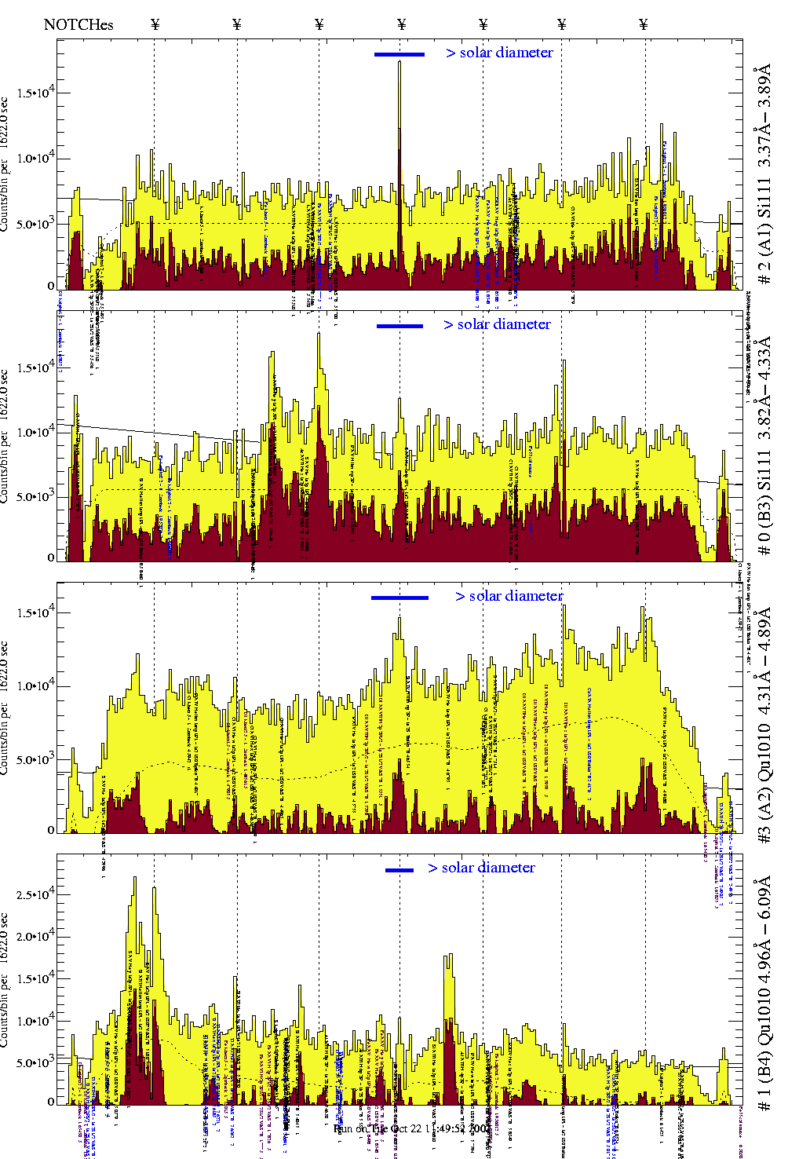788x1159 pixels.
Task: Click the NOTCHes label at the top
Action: coord(78,24)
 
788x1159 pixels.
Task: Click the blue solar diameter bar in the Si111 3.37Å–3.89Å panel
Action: coord(399,54)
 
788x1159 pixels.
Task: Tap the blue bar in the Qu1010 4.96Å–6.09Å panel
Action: coord(399,870)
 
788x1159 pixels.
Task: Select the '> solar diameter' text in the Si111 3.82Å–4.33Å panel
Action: coord(497,324)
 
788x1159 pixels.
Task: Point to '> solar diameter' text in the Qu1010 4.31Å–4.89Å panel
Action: coord(509,596)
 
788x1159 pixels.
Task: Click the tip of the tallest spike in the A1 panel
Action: coord(399,62)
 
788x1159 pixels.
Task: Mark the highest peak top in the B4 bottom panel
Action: coord(135,878)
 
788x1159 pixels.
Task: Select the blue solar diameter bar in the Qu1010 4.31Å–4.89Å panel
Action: coord(399,598)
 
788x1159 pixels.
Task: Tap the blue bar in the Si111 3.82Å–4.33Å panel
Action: coord(399,326)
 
